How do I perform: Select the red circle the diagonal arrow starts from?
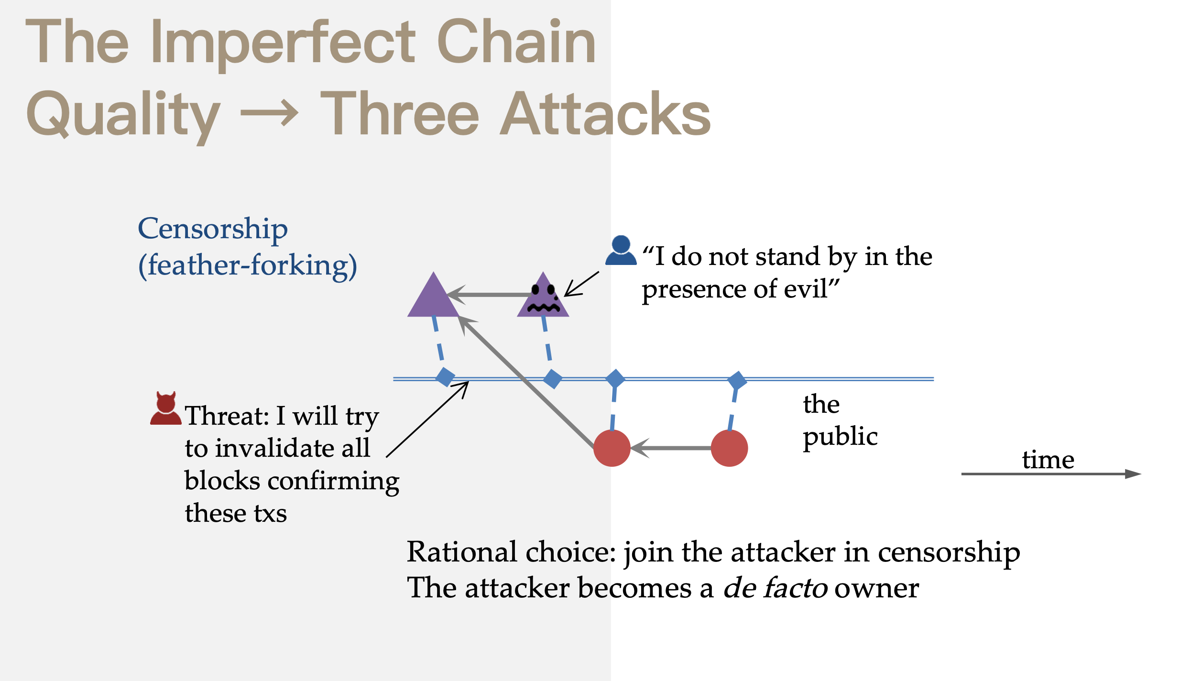point(612,448)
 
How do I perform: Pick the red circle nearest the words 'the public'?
point(729,448)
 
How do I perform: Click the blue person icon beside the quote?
point(621,251)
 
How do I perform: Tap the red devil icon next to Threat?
point(165,409)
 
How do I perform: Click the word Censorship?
point(213,229)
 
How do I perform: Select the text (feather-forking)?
point(247,265)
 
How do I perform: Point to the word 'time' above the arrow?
point(1048,460)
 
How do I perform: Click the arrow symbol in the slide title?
point(270,114)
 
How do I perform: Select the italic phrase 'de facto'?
point(775,588)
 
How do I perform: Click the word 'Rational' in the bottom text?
point(462,552)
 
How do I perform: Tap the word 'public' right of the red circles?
point(840,437)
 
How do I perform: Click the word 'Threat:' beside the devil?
point(227,416)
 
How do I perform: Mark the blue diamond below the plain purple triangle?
point(445,377)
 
